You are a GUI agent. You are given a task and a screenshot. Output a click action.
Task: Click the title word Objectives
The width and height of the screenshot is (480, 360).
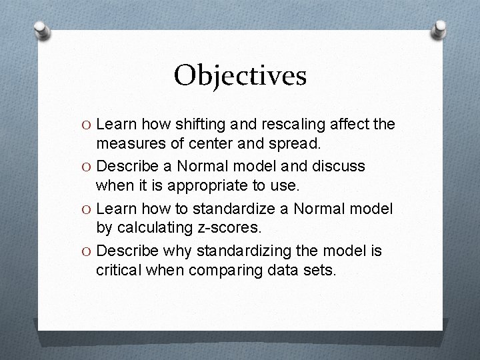tap(240, 76)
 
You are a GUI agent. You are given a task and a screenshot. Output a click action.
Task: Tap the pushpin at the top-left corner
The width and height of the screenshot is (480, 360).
tap(41, 29)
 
